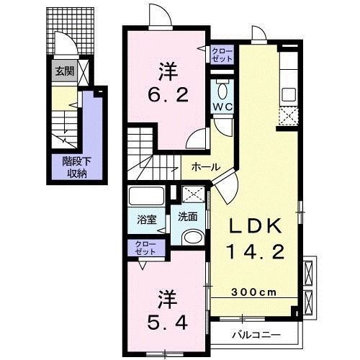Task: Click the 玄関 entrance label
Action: [64, 71]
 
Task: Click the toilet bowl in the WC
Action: [220, 91]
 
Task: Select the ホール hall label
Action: [206, 166]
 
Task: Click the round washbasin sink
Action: [192, 237]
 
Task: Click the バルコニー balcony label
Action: [255, 334]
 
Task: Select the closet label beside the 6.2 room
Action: [220, 55]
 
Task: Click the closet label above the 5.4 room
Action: [145, 248]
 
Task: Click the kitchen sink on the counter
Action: [288, 94]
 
